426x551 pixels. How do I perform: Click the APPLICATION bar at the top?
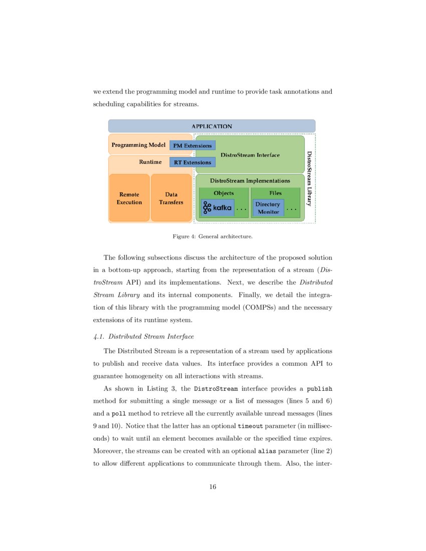pyautogui.click(x=211, y=126)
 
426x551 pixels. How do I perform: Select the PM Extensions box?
pyautogui.click(x=192, y=146)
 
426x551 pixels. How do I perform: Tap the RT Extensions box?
pyautogui.click(x=192, y=162)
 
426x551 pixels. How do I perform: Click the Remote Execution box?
pyautogui.click(x=129, y=198)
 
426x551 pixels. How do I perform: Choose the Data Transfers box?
pyautogui.click(x=171, y=198)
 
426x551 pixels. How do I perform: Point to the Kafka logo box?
pyautogui.click(x=218, y=207)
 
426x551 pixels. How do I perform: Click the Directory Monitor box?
pyautogui.click(x=268, y=208)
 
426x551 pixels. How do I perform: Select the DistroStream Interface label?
pyautogui.click(x=250, y=155)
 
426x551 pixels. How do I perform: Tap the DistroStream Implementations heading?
pyautogui.click(x=250, y=180)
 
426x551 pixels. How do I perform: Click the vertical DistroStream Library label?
pyautogui.click(x=309, y=179)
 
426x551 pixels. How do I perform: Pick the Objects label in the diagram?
pyautogui.click(x=224, y=193)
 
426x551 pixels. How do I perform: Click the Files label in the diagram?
pyautogui.click(x=275, y=193)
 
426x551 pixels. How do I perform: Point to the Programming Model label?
pyautogui.click(x=138, y=145)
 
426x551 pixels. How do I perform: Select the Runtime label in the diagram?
pyautogui.click(x=150, y=162)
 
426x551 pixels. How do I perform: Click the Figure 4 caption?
pyautogui.click(x=212, y=235)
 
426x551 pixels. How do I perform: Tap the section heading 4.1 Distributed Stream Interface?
pyautogui.click(x=143, y=336)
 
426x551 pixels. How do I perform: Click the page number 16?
pyautogui.click(x=212, y=487)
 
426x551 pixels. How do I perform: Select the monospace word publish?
pyautogui.click(x=319, y=388)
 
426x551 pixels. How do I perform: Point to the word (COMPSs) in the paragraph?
pyautogui.click(x=260, y=307)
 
